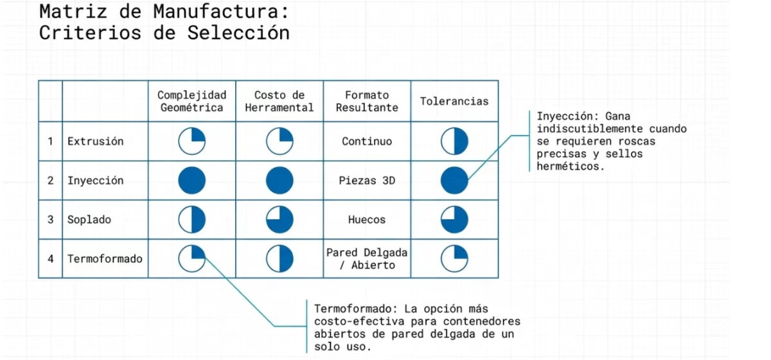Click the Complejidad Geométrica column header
click(x=191, y=102)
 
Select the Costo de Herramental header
click(x=279, y=102)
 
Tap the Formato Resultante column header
click(x=367, y=102)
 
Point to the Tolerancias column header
click(x=454, y=102)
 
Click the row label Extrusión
click(x=96, y=141)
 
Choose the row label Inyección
click(x=96, y=181)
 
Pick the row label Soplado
click(x=89, y=220)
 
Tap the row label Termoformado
click(x=105, y=259)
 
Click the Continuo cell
click(x=367, y=141)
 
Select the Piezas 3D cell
click(x=367, y=181)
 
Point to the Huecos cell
click(x=367, y=220)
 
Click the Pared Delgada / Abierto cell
click(x=367, y=259)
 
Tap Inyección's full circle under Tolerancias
click(x=454, y=181)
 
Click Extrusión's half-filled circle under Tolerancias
click(x=454, y=141)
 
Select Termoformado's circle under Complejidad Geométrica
click(x=191, y=259)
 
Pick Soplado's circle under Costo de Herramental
click(x=279, y=220)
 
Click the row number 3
click(x=51, y=220)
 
